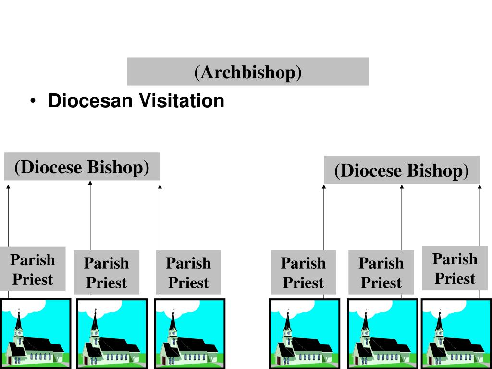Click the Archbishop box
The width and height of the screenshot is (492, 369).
pos(248,71)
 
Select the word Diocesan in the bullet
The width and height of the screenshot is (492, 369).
pos(90,101)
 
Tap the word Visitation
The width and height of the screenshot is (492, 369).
pos(182,101)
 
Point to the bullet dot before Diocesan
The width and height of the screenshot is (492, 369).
pos(33,101)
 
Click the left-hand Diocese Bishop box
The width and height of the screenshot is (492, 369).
pos(82,166)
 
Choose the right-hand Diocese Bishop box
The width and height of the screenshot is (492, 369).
pos(402,170)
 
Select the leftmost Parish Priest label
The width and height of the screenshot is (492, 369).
pos(33,269)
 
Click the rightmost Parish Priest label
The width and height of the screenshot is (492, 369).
pos(455,268)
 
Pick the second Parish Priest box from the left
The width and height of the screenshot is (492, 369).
pos(106,272)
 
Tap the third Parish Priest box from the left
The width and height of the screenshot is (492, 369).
pos(188,272)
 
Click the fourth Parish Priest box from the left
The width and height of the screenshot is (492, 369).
pos(304,272)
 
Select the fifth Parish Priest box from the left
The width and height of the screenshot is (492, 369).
pos(381,272)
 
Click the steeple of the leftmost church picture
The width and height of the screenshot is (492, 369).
pos(19,320)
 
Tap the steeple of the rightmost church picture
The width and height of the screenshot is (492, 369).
pos(439,320)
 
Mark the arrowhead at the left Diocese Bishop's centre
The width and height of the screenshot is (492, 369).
pos(90,183)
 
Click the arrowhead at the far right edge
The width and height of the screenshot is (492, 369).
pos(480,187)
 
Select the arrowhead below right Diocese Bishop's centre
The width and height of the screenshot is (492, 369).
pos(402,187)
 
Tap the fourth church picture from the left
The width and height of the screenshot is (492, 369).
pos(305,333)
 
